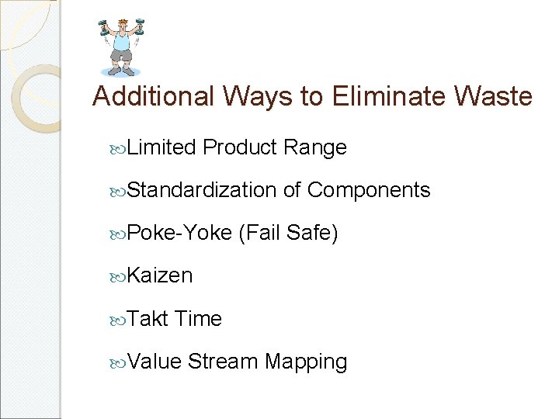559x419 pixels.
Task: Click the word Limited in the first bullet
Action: tap(161, 147)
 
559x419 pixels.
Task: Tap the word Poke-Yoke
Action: tap(179, 233)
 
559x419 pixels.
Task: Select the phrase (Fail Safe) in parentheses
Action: tap(289, 233)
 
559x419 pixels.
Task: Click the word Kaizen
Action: tap(160, 275)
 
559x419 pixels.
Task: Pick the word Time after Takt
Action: tap(199, 319)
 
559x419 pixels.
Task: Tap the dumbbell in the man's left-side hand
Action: tap(102, 27)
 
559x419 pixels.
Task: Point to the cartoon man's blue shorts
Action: tap(122, 57)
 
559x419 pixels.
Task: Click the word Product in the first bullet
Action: tap(241, 147)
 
